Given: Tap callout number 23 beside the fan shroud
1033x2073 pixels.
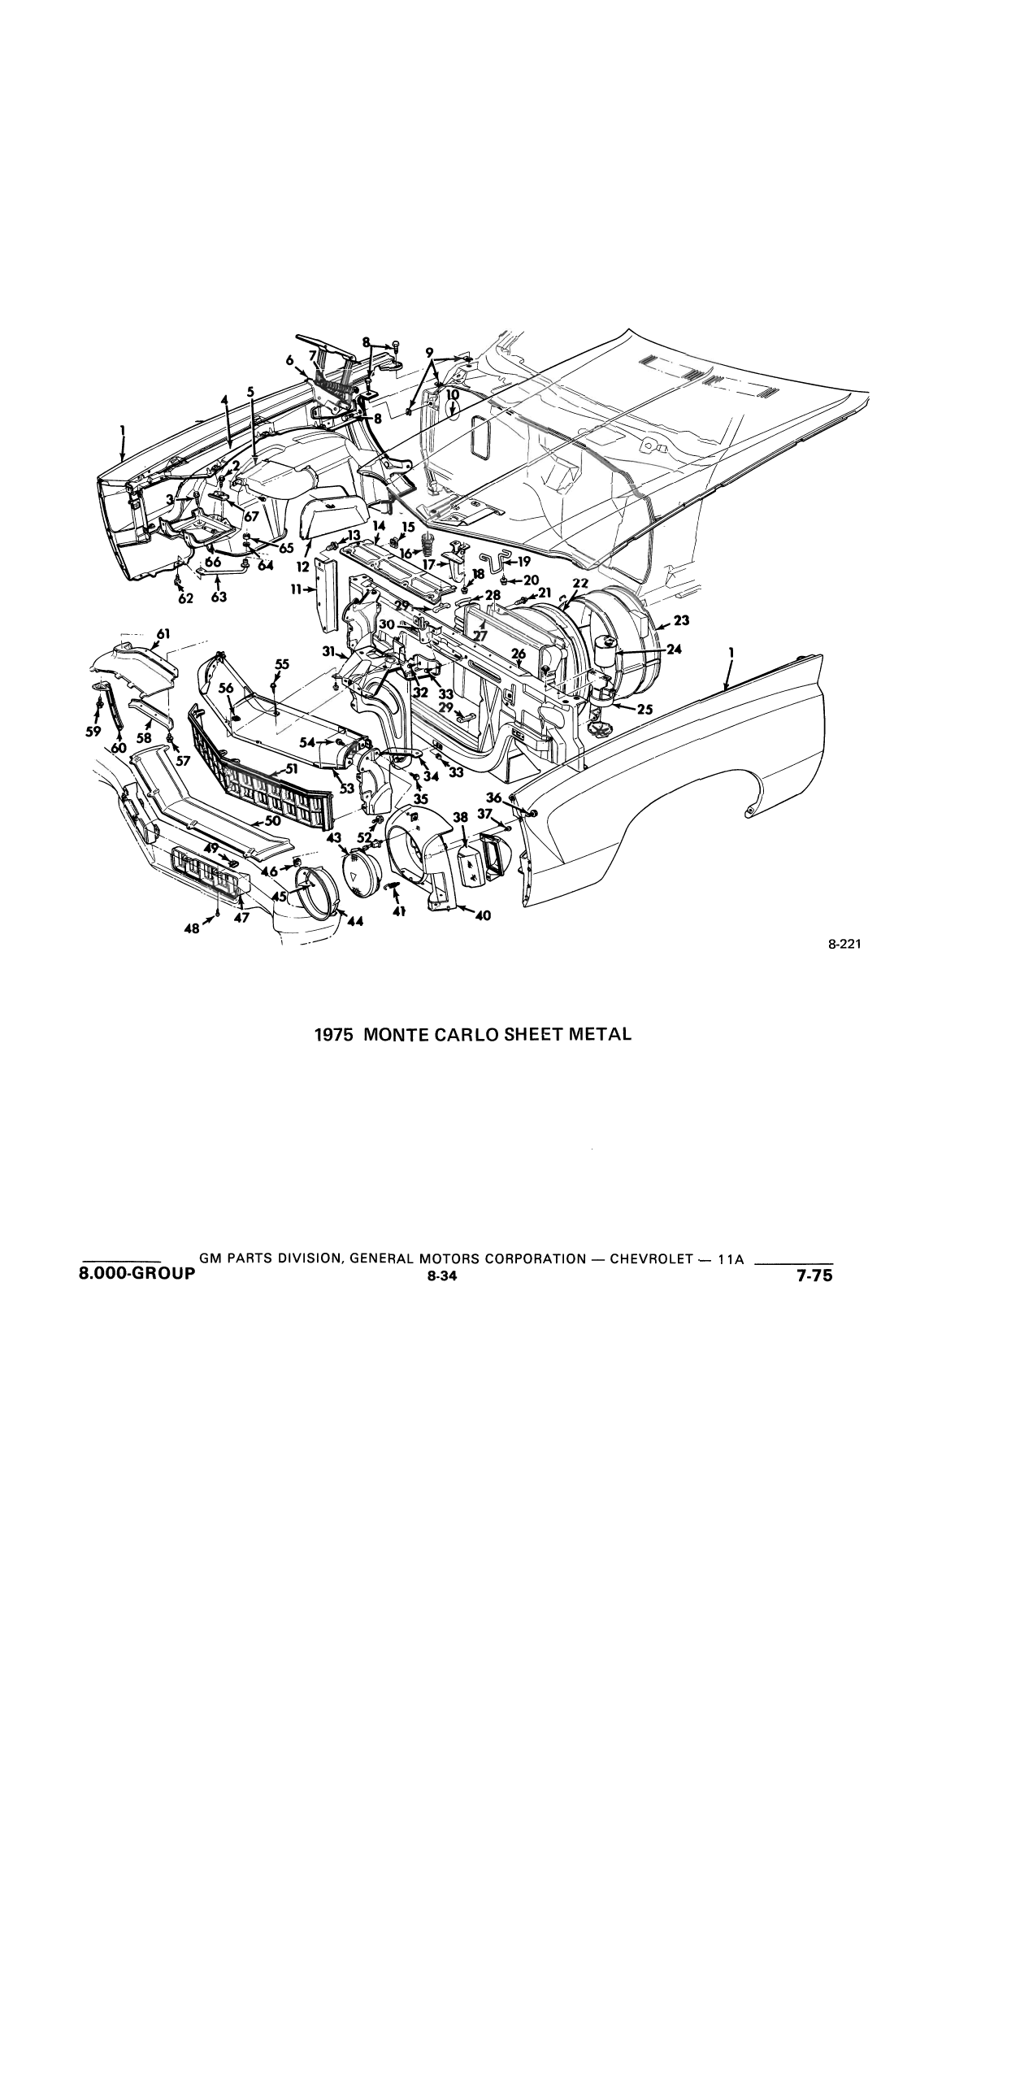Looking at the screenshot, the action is (x=681, y=620).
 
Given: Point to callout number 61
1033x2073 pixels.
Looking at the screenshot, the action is (x=163, y=633).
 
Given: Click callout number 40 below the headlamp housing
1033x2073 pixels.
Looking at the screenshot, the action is (x=483, y=916).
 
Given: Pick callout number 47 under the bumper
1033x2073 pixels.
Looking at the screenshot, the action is (x=241, y=917).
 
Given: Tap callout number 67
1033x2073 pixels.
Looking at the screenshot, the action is (x=251, y=516).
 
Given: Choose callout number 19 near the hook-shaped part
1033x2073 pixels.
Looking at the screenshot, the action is (x=523, y=561).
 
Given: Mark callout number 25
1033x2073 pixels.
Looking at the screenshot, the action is (x=645, y=709).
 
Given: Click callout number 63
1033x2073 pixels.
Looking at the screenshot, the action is (x=218, y=598).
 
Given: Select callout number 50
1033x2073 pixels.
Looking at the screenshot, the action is (x=273, y=821).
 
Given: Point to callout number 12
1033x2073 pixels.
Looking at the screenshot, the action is (x=302, y=567).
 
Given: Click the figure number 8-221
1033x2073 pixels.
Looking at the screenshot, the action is (x=844, y=945).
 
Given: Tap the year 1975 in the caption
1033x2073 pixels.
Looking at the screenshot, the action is (x=334, y=1035).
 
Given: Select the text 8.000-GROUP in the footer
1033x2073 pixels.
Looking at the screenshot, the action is (x=137, y=1274).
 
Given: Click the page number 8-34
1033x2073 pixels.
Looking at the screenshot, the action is (x=442, y=1276).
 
